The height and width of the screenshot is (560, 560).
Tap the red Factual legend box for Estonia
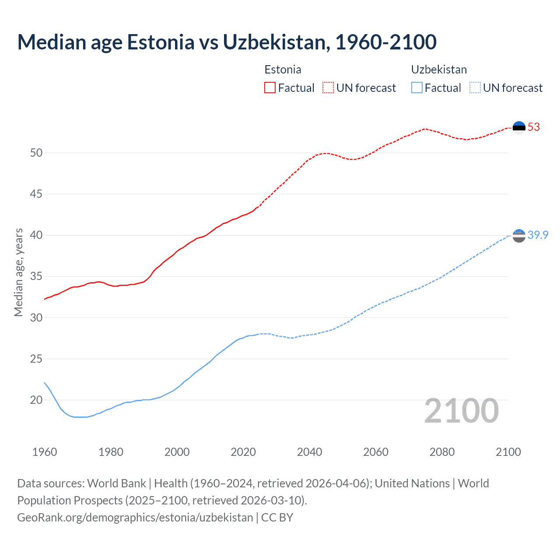click(270, 87)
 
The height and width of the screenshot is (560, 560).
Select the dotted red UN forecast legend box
click(328, 87)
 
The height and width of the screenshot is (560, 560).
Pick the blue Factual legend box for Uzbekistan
click(417, 87)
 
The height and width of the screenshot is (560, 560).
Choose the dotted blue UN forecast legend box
click(475, 87)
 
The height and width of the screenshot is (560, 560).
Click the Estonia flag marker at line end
click(519, 127)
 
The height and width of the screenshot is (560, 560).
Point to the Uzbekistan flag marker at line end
click(519, 235)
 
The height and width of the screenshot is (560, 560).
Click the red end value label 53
click(534, 127)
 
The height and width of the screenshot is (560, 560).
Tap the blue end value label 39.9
click(538, 235)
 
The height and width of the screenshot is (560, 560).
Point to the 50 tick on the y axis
click(36, 153)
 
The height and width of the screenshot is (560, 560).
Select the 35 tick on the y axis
click(36, 276)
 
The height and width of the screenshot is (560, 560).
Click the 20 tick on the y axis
click(36, 400)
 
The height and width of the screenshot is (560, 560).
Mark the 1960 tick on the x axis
click(45, 452)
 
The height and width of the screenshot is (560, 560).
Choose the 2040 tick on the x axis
click(309, 452)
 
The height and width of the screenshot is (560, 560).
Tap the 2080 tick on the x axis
click(442, 452)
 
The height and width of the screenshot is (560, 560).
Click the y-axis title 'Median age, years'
click(18, 272)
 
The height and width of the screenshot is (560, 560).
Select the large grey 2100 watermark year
click(461, 411)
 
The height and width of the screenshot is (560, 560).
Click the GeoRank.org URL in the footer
click(135, 518)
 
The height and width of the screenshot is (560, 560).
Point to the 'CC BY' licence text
click(277, 518)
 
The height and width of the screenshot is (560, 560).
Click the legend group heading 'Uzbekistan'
click(439, 70)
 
